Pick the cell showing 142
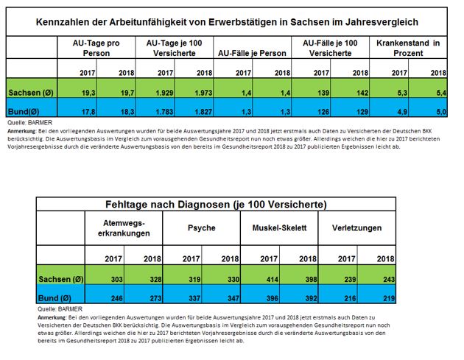click(x=360, y=93)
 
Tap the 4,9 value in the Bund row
click(x=398, y=111)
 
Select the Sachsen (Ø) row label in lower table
click(x=60, y=280)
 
